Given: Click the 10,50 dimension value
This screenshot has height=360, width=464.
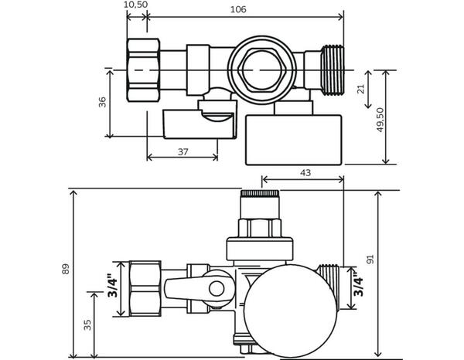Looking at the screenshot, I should (x=135, y=5).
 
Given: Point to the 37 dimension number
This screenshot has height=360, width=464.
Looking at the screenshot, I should (x=183, y=151).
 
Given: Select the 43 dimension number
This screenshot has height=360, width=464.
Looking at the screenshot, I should (x=305, y=173).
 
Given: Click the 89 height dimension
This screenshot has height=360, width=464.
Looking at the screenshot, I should (x=66, y=269).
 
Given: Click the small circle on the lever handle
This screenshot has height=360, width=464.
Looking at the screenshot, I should (x=217, y=290).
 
